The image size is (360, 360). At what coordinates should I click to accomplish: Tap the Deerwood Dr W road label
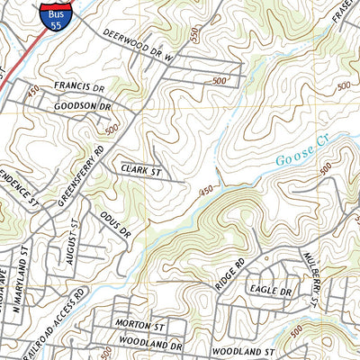coord(142,48)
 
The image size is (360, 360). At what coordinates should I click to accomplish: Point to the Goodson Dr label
coord(82,105)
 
